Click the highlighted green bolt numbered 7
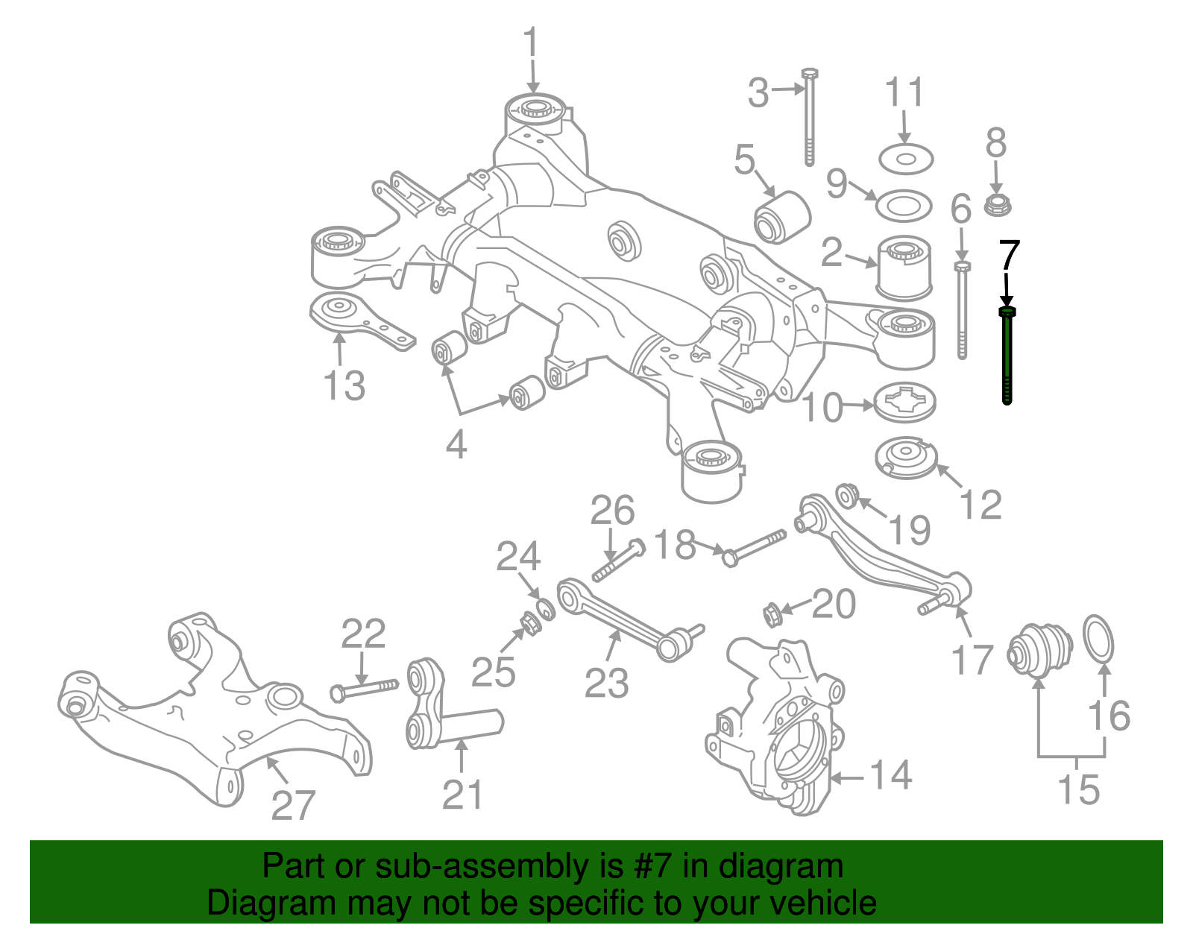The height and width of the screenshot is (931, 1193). tap(1007, 356)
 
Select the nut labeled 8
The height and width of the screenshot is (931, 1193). tap(997, 205)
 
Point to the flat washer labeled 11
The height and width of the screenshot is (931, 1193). tap(906, 160)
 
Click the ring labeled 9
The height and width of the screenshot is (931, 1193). tap(904, 206)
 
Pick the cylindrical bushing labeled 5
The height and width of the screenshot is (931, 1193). tap(782, 217)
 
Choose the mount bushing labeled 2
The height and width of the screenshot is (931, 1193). tap(904, 268)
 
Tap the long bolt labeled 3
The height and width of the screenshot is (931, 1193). tap(809, 117)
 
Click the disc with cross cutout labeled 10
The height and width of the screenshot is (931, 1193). tap(904, 403)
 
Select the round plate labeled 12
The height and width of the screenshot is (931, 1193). tap(906, 458)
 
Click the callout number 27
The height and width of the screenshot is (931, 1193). tap(293, 805)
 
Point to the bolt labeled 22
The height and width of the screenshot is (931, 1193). tap(364, 691)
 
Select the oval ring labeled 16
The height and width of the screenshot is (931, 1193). tap(1098, 640)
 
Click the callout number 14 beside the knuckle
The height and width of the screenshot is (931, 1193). tap(890, 775)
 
